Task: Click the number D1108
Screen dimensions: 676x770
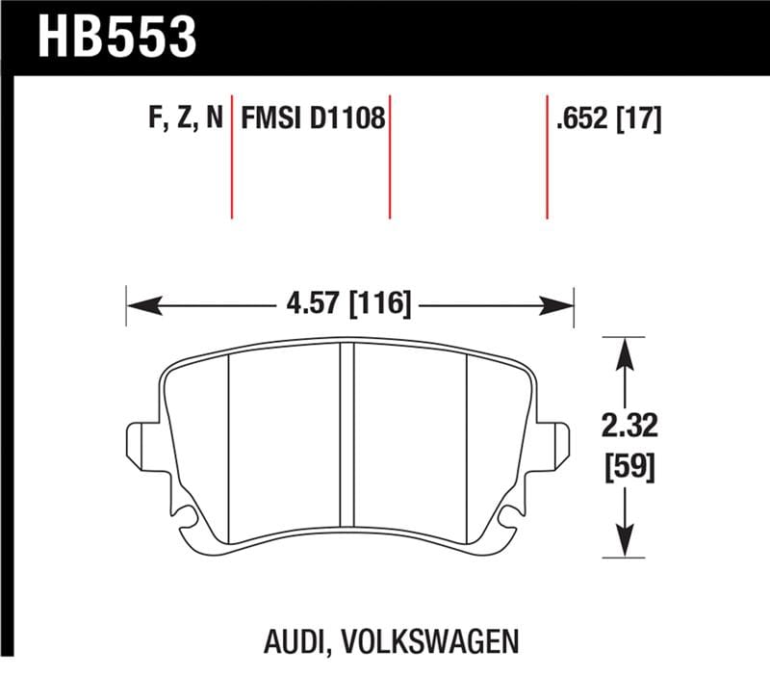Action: [x=346, y=119]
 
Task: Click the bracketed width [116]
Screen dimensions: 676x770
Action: [x=380, y=306]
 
